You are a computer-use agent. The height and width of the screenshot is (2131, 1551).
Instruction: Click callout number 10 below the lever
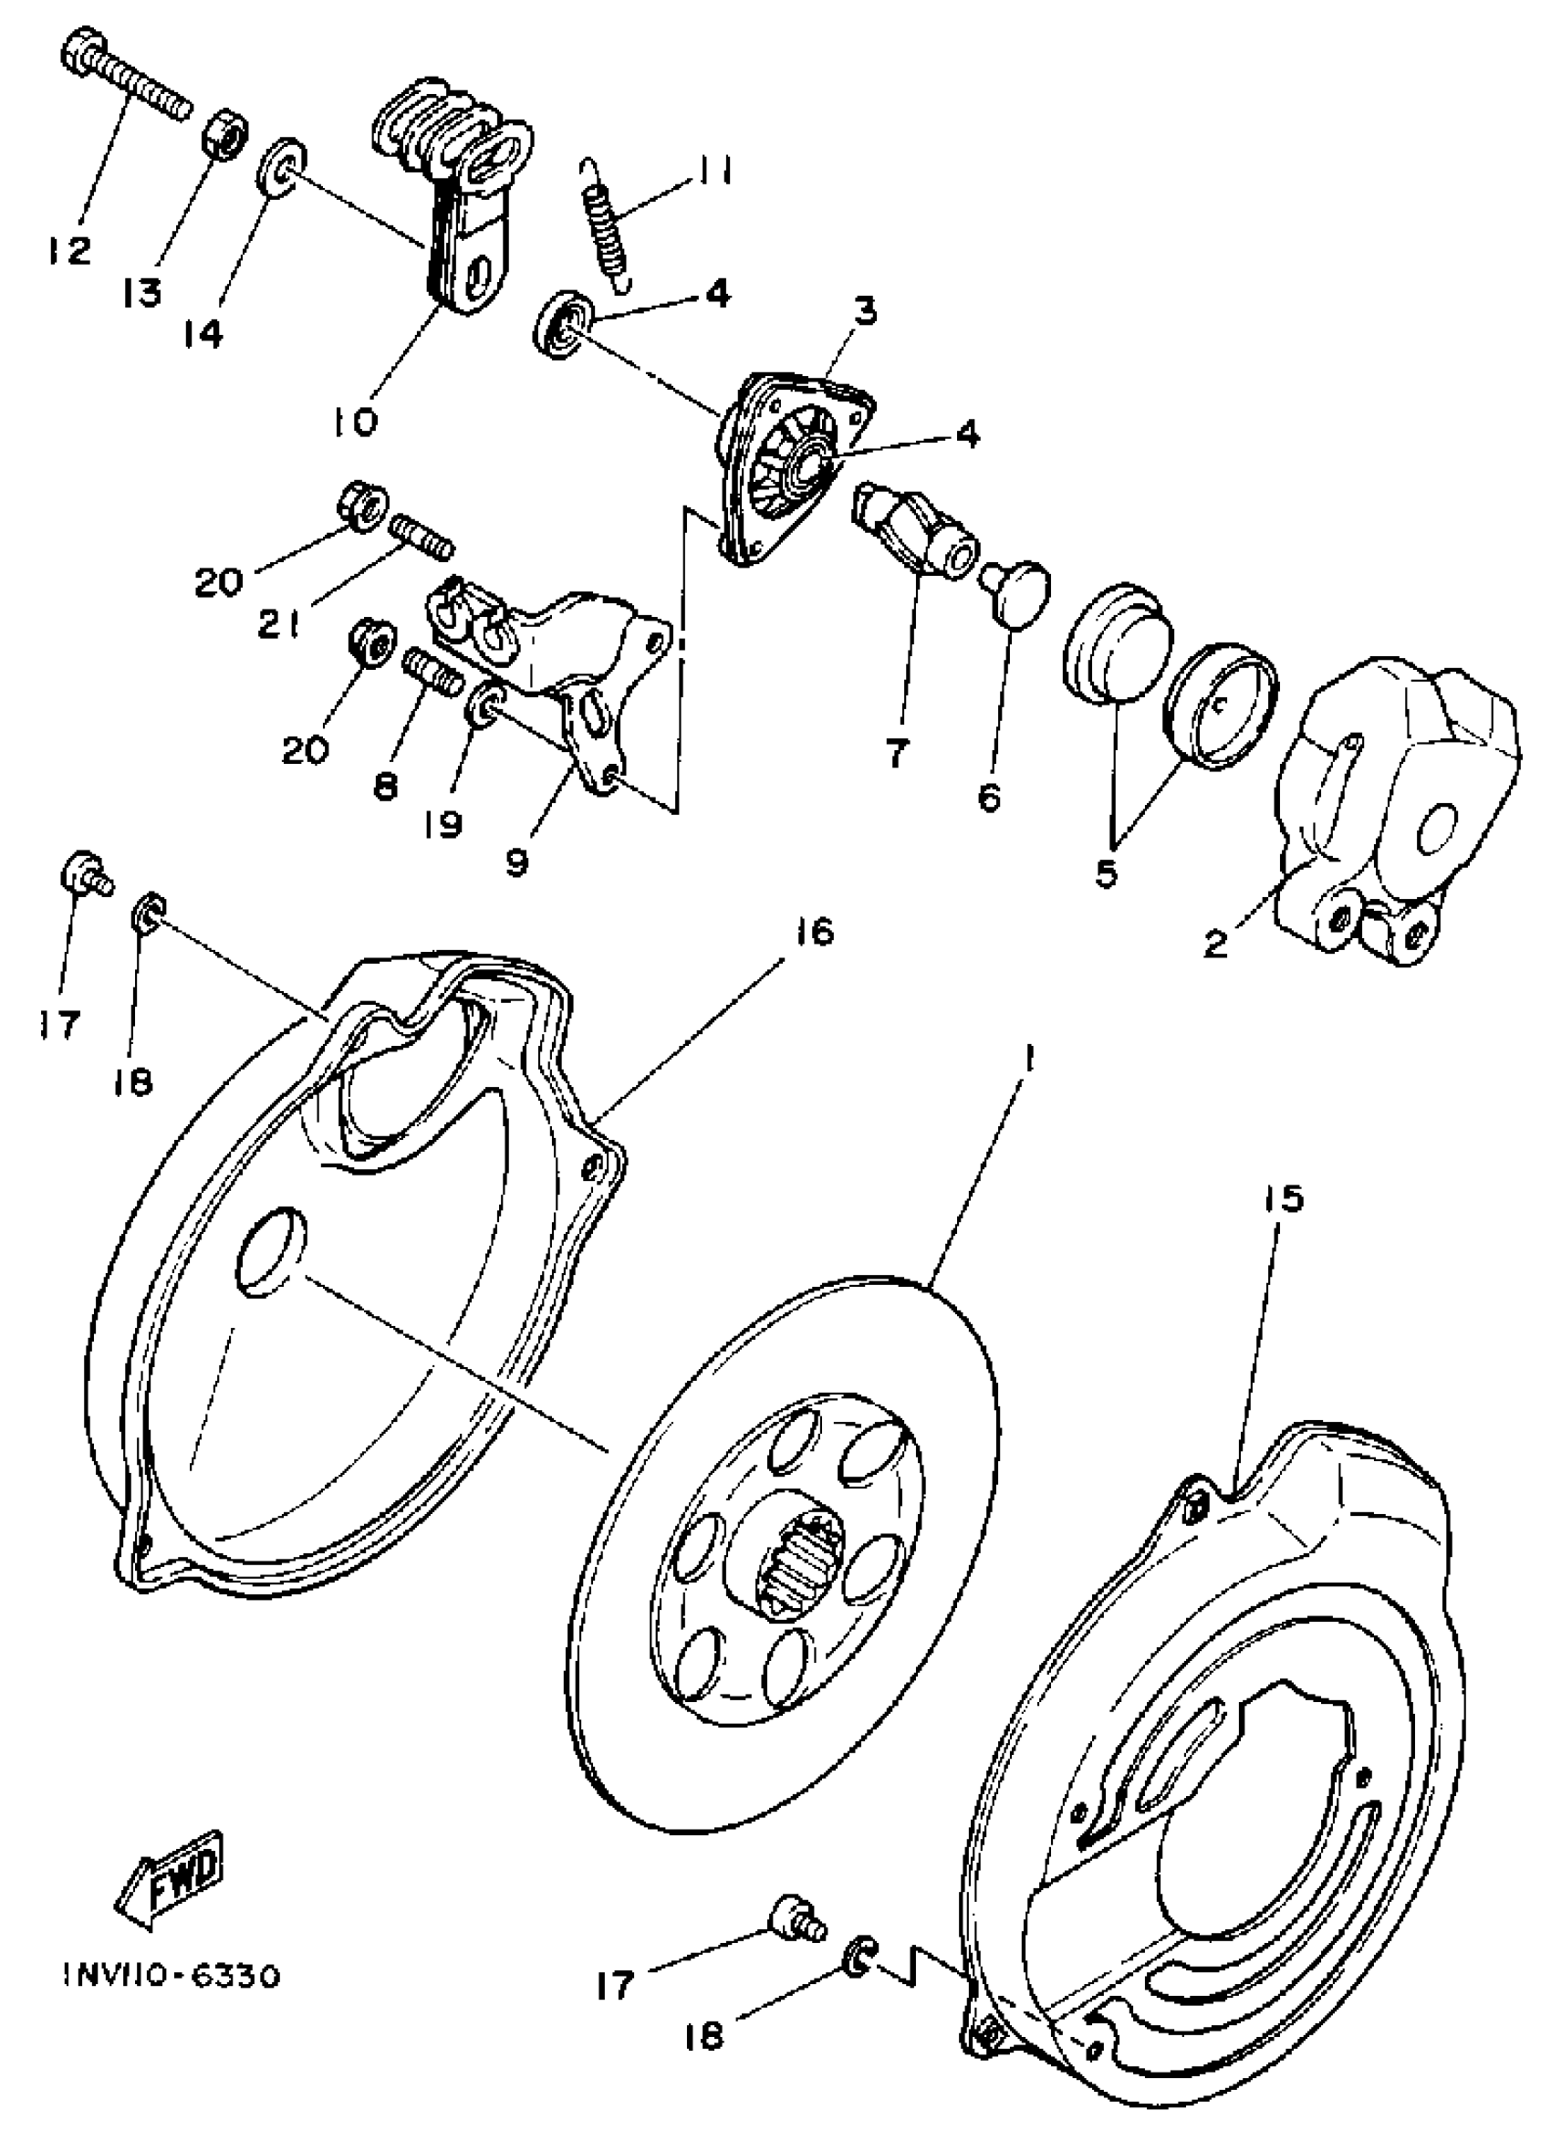click(x=354, y=422)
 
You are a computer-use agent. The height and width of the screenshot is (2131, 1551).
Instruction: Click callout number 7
click(x=896, y=752)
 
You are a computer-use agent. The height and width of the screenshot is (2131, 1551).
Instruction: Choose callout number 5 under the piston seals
click(x=1107, y=873)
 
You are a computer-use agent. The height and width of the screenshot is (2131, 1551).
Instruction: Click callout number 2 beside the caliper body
click(x=1215, y=944)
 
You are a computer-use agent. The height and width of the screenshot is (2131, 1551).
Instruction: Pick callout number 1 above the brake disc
click(x=1030, y=1060)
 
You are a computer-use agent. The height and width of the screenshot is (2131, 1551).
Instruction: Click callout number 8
click(x=385, y=786)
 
